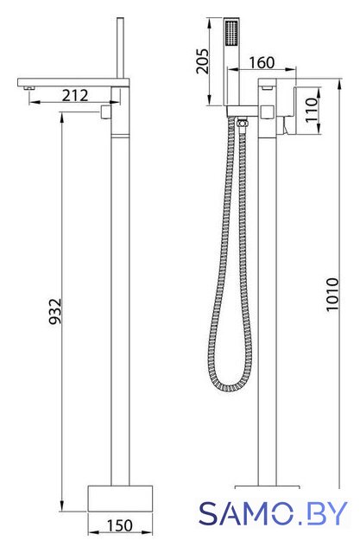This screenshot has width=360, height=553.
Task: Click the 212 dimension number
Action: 75,95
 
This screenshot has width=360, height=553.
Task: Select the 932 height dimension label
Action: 55,311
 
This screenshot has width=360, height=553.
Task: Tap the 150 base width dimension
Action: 120,525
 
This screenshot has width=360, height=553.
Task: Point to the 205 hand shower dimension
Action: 203,61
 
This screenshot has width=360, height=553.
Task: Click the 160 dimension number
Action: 262,63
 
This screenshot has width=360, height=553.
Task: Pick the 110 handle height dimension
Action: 312,110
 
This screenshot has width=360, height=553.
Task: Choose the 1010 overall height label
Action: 332,295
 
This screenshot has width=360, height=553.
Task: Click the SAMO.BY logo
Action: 273,513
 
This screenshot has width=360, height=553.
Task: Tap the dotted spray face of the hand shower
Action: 231,33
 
